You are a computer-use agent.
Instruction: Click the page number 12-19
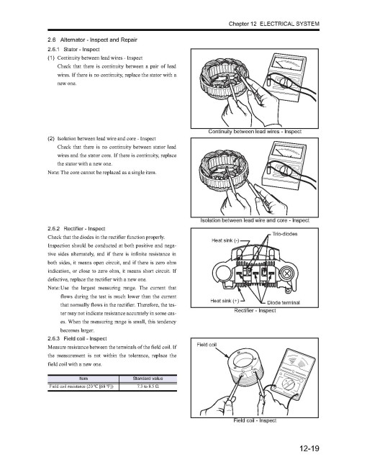click(309, 448)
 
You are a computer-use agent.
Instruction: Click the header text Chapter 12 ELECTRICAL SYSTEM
click(274, 24)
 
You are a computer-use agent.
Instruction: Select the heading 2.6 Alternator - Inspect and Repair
click(92, 40)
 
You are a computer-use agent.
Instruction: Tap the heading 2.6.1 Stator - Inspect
click(73, 49)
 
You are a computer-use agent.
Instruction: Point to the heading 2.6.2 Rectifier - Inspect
click(76, 228)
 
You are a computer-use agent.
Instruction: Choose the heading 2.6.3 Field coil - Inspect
click(77, 338)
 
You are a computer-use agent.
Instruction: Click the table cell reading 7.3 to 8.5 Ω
click(148, 386)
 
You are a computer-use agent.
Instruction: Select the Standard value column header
click(148, 379)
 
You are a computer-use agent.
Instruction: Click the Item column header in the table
click(83, 379)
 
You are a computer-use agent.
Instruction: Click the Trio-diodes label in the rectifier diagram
click(285, 234)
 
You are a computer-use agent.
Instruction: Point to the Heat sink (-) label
click(225, 240)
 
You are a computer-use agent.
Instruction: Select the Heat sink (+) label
click(225, 301)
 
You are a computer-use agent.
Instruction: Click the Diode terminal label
click(284, 302)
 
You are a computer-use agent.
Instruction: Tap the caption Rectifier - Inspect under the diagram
click(255, 310)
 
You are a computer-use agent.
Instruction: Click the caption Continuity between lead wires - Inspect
click(255, 132)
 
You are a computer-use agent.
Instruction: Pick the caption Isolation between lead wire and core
click(255, 220)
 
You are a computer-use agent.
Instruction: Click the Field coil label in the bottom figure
click(207, 345)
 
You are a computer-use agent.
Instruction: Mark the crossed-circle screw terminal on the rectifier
click(286, 274)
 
